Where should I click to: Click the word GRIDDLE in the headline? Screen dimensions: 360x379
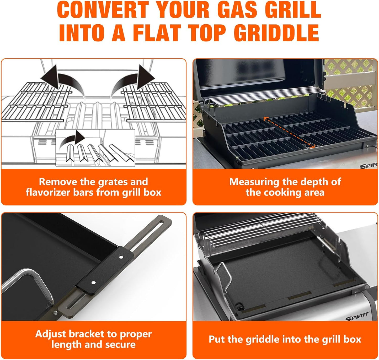(x=276, y=33)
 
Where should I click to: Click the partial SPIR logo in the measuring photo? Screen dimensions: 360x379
(x=368, y=166)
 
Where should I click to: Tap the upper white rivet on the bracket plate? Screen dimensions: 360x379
(x=121, y=257)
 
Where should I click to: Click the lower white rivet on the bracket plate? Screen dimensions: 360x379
(x=93, y=283)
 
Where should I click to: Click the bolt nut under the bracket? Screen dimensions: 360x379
(x=56, y=312)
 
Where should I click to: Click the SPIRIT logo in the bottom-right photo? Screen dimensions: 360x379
(x=357, y=316)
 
